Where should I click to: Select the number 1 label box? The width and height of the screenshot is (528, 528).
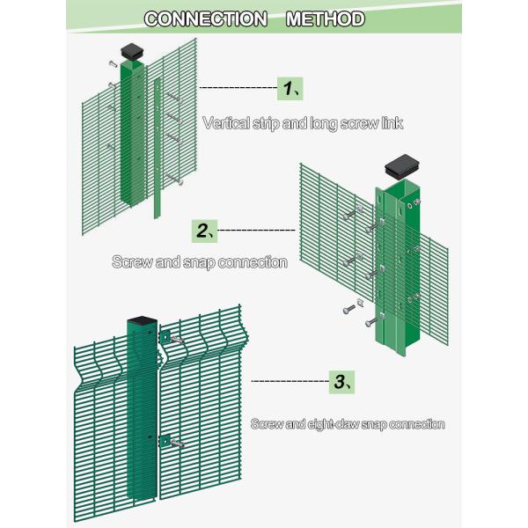[x=292, y=88]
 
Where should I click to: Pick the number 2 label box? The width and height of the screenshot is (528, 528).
[x=204, y=231]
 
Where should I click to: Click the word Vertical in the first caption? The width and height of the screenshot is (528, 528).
[x=227, y=123]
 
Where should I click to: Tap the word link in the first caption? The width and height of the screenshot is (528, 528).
[x=390, y=123]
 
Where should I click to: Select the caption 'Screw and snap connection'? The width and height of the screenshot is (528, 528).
[x=199, y=262]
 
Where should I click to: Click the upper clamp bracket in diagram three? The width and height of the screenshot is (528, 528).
[x=164, y=337]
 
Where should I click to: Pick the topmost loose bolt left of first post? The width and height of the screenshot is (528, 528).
[x=112, y=63]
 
